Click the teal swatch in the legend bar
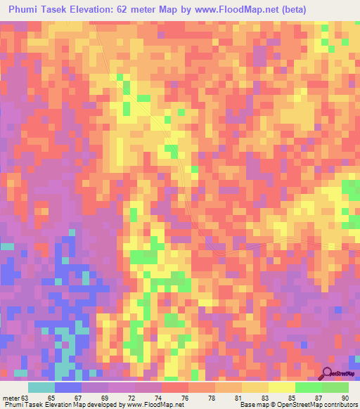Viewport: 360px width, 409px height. coord(41,387)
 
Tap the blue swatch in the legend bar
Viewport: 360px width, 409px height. coord(68,387)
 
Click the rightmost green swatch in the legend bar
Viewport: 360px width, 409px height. coord(335,387)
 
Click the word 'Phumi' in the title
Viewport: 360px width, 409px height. coord(26,10)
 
